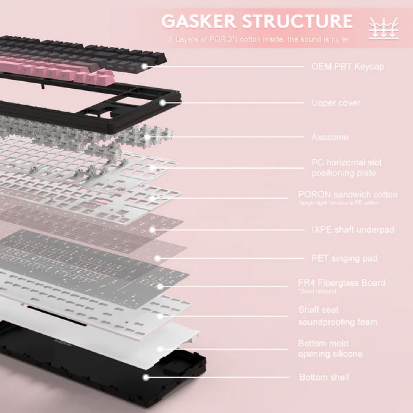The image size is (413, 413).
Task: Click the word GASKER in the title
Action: [199, 21]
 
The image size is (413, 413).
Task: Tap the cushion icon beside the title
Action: [384, 28]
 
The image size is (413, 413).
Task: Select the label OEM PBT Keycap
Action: [348, 67]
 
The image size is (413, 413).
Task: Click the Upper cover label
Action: [336, 103]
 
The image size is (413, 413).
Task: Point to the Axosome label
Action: [330, 137]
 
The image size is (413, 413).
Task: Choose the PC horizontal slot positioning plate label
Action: [347, 168]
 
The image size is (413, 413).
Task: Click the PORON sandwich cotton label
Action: [348, 195]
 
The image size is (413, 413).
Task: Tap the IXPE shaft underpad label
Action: [353, 230]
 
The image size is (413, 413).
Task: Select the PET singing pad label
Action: [344, 258]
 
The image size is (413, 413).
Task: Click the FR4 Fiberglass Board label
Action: [342, 283]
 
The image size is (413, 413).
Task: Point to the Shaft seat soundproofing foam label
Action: [338, 316]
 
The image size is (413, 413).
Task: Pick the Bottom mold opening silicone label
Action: [330, 349]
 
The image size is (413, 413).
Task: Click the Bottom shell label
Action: [324, 377]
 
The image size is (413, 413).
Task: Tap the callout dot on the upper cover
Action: [163, 103]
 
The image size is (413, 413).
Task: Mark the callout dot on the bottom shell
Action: [146, 377]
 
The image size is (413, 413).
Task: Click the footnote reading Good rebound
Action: [317, 291]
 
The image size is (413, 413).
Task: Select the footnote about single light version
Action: [339, 203]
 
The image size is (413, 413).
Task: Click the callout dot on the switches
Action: [148, 137]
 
